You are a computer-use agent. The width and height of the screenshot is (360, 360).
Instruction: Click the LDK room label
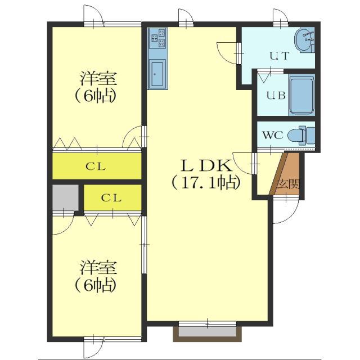(206, 166)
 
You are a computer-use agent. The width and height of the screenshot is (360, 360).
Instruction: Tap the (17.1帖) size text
(206, 183)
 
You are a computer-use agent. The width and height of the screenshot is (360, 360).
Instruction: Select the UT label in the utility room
(279, 56)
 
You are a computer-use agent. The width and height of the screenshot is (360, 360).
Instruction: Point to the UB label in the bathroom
(276, 95)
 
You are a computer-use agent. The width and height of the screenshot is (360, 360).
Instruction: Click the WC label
(273, 135)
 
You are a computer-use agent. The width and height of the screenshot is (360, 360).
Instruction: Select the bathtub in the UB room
(301, 95)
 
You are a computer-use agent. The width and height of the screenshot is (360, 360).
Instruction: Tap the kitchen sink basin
(157, 74)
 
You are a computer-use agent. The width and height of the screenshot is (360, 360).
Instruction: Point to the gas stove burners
(158, 38)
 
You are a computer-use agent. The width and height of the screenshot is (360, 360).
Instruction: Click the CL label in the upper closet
(96, 166)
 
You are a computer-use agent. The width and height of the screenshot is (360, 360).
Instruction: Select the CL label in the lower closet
(111, 197)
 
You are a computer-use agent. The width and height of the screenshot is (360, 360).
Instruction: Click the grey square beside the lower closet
(65, 197)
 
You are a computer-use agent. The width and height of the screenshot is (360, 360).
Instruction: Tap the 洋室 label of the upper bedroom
(98, 79)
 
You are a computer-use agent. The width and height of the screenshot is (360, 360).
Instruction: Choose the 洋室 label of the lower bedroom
(98, 267)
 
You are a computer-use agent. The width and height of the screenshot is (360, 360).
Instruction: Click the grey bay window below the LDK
(208, 332)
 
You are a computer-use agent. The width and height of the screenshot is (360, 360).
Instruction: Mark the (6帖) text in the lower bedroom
(95, 285)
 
